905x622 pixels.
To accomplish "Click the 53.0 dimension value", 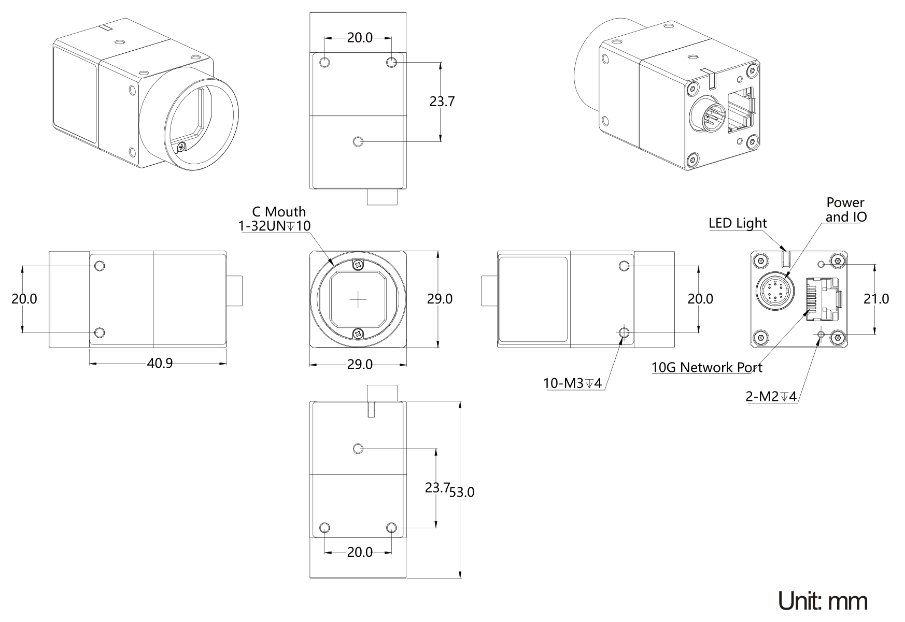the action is [x=462, y=492].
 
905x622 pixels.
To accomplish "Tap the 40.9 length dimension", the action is [x=160, y=363].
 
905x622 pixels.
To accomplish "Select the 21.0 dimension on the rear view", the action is [x=876, y=299].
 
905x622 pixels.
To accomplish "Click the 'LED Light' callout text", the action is [x=738, y=223].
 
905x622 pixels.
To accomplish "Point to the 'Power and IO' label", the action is [x=845, y=209].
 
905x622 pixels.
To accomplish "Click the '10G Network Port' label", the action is [x=707, y=367].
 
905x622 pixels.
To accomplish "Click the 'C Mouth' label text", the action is [x=279, y=212].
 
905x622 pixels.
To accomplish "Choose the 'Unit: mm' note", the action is [x=823, y=601].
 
